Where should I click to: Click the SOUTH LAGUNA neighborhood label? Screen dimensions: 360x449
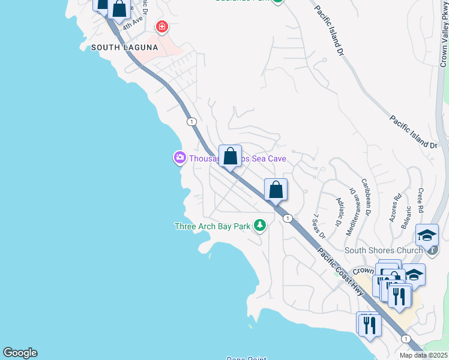pos(124,47)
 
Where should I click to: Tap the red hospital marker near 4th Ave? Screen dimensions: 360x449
pos(161,26)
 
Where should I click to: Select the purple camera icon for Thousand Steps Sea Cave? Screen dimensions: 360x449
pos(179,158)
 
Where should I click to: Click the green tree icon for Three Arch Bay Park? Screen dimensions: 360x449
pos(259,226)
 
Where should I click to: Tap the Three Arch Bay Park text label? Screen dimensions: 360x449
pos(212,226)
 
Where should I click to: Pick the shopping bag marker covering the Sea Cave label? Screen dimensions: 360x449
pos(230,157)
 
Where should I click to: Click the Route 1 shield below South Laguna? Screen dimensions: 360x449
pos(191,122)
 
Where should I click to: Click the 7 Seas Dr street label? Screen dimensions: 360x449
pos(318,226)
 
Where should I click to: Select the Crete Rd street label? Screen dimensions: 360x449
pos(420,200)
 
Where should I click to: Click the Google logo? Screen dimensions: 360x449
pos(20,353)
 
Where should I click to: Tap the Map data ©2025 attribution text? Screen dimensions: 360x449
pos(423,355)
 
